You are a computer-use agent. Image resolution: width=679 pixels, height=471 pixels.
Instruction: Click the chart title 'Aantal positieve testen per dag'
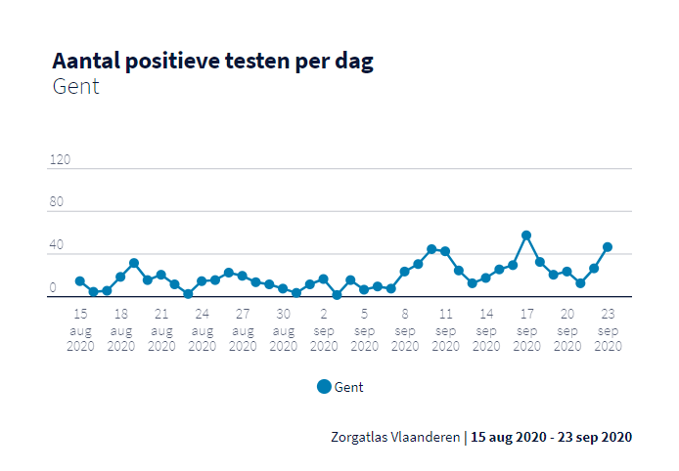[x=212, y=61]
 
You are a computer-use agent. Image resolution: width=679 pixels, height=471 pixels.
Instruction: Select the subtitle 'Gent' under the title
[x=75, y=87]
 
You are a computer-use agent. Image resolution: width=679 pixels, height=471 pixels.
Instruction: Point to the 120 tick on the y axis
[x=60, y=159]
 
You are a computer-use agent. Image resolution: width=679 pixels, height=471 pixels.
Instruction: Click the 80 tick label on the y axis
[x=56, y=202]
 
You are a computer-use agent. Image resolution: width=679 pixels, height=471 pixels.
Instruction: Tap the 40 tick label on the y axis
[x=56, y=245]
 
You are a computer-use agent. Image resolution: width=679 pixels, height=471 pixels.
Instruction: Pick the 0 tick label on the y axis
[x=53, y=288]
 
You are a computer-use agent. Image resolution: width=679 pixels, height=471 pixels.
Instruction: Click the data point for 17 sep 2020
[x=526, y=235]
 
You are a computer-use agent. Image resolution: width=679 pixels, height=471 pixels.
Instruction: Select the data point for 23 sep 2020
[x=608, y=247]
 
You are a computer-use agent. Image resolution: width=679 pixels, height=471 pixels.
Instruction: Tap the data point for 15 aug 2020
[x=80, y=281]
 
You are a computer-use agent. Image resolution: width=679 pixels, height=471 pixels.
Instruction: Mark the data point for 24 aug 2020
[x=188, y=294]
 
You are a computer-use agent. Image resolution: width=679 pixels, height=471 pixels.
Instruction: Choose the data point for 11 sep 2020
[x=445, y=251]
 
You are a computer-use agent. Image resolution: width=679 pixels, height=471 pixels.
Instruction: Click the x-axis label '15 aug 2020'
[x=80, y=330]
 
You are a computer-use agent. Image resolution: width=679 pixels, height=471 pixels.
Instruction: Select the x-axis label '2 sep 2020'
[x=323, y=330]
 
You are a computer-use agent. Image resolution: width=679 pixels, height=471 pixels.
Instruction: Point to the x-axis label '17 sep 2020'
[x=526, y=330]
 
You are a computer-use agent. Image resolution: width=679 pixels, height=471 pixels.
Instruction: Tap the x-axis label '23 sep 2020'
[x=608, y=330]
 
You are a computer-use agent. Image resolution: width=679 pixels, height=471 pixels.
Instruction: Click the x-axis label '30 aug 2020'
[x=283, y=330]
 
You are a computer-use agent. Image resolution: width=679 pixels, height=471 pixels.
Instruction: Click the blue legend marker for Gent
[x=324, y=386]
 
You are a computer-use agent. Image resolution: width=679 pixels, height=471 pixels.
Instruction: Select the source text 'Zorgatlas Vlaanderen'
[x=395, y=437]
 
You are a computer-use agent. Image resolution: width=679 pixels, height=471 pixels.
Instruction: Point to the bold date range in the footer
[x=551, y=437]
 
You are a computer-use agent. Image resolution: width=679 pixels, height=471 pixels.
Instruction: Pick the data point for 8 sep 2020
[x=404, y=272]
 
